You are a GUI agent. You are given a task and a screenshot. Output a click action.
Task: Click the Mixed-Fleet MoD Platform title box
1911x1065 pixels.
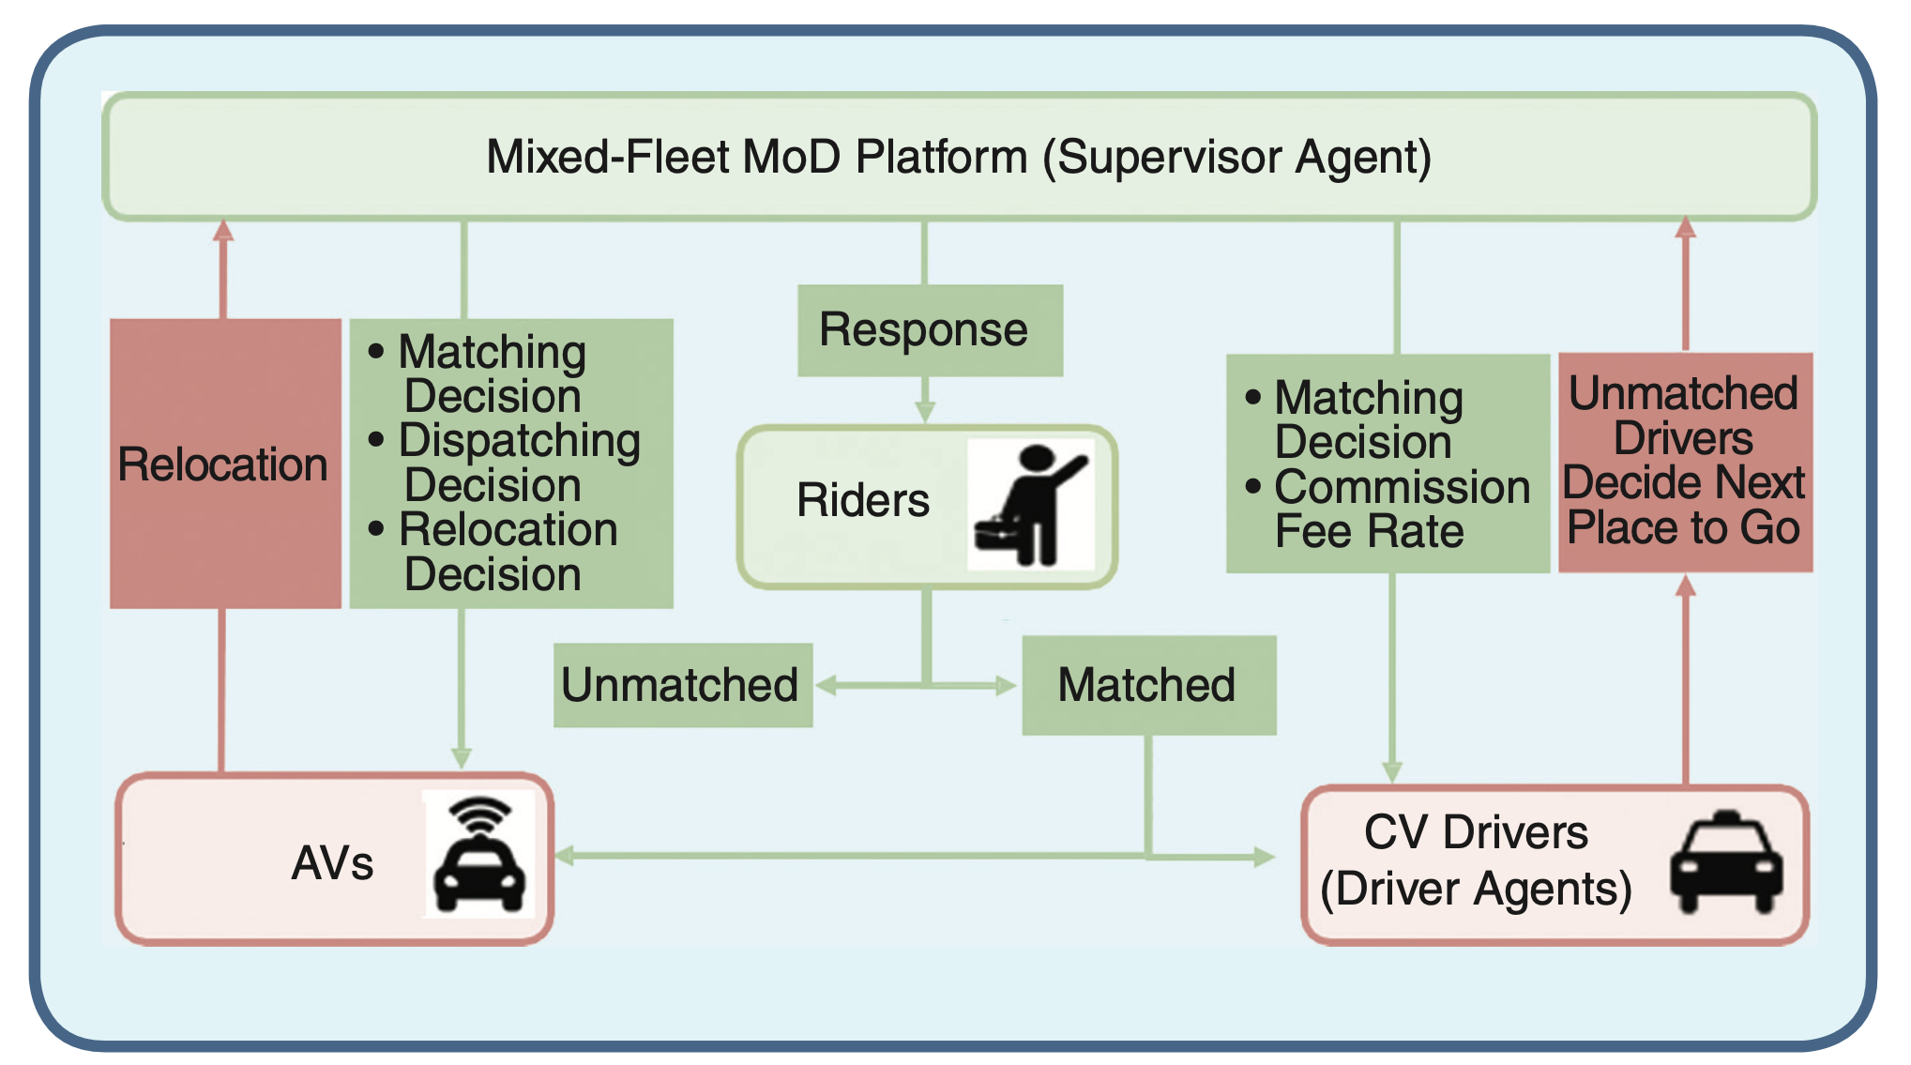pyautogui.click(x=959, y=157)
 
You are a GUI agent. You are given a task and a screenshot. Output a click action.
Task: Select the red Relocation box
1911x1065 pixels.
pyautogui.click(x=225, y=464)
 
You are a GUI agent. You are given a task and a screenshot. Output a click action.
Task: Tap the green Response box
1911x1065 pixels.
pyautogui.click(x=930, y=330)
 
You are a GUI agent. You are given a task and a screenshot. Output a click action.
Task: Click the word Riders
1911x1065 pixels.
pyautogui.click(x=863, y=500)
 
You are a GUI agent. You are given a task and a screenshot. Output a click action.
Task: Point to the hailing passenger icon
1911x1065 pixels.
pyautogui.click(x=1031, y=505)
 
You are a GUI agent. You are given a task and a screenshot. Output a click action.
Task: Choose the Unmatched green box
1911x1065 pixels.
pyautogui.click(x=683, y=685)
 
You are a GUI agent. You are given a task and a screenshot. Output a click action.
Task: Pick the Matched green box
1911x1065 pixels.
pyautogui.click(x=1149, y=685)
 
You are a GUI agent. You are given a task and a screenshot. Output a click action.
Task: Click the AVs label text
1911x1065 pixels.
pyautogui.click(x=332, y=862)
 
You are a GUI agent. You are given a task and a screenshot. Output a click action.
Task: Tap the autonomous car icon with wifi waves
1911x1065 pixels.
pyautogui.click(x=479, y=854)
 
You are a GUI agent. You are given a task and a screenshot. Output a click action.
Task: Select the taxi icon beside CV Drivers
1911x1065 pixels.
pyautogui.click(x=1726, y=861)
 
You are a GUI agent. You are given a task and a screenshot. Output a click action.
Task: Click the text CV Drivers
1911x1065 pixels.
pyautogui.click(x=1476, y=832)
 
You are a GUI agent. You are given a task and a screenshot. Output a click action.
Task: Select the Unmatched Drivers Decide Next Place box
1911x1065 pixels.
pyautogui.click(x=1686, y=462)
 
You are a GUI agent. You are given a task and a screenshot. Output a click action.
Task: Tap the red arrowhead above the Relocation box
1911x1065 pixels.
pyautogui.click(x=223, y=230)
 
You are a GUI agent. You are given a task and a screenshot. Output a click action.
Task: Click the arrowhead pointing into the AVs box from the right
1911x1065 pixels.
pyautogui.click(x=565, y=856)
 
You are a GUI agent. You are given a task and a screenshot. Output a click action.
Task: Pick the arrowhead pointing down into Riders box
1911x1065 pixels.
pyautogui.click(x=925, y=412)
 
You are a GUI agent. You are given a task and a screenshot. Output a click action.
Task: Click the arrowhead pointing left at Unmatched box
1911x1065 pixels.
pyautogui.click(x=826, y=686)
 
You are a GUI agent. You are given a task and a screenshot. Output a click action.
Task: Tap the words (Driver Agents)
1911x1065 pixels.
pyautogui.click(x=1476, y=889)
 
